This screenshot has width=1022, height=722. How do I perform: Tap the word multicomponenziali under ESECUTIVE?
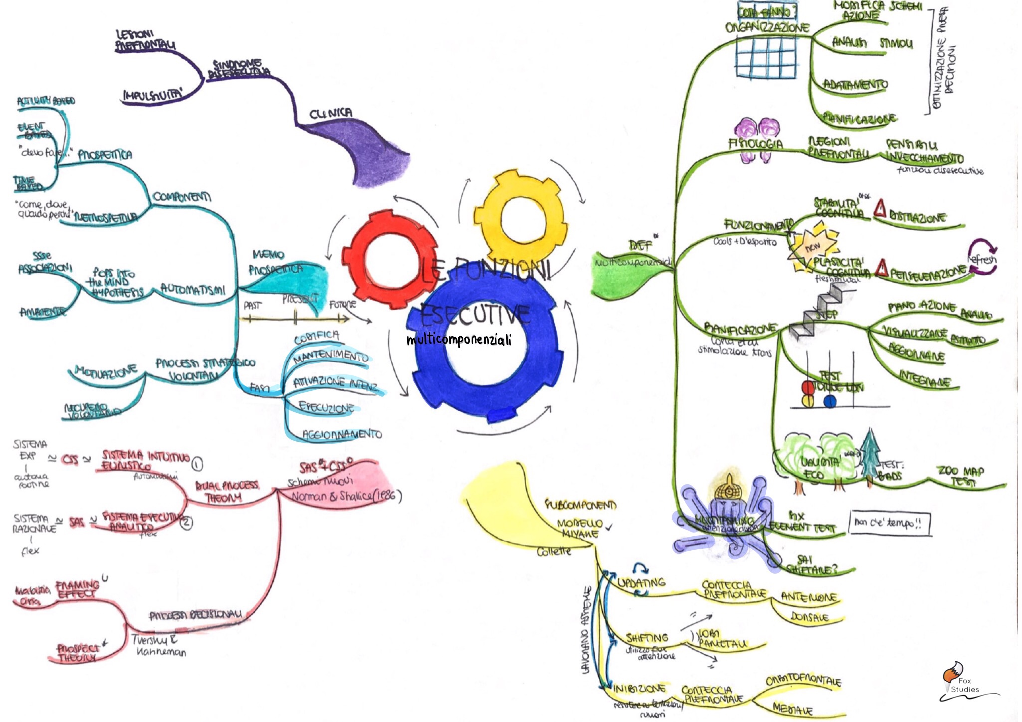[x=459, y=340]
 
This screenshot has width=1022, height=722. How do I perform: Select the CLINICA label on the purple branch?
[x=330, y=114]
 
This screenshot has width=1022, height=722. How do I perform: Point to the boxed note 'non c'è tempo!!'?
[x=889, y=523]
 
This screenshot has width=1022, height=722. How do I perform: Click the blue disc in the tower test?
[x=830, y=401]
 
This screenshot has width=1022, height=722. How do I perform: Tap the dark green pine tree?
[x=870, y=454]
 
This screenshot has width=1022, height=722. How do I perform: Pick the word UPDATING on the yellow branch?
[x=642, y=583]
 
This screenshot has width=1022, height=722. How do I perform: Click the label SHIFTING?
[x=647, y=638]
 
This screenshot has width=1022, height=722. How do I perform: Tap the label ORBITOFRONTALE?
[x=803, y=680]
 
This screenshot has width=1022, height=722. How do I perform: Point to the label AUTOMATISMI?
[x=193, y=290]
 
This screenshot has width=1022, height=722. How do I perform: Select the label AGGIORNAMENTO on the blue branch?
[x=342, y=434]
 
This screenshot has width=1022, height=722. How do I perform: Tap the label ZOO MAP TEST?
[x=960, y=476]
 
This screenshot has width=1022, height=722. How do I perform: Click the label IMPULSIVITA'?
[x=153, y=95]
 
